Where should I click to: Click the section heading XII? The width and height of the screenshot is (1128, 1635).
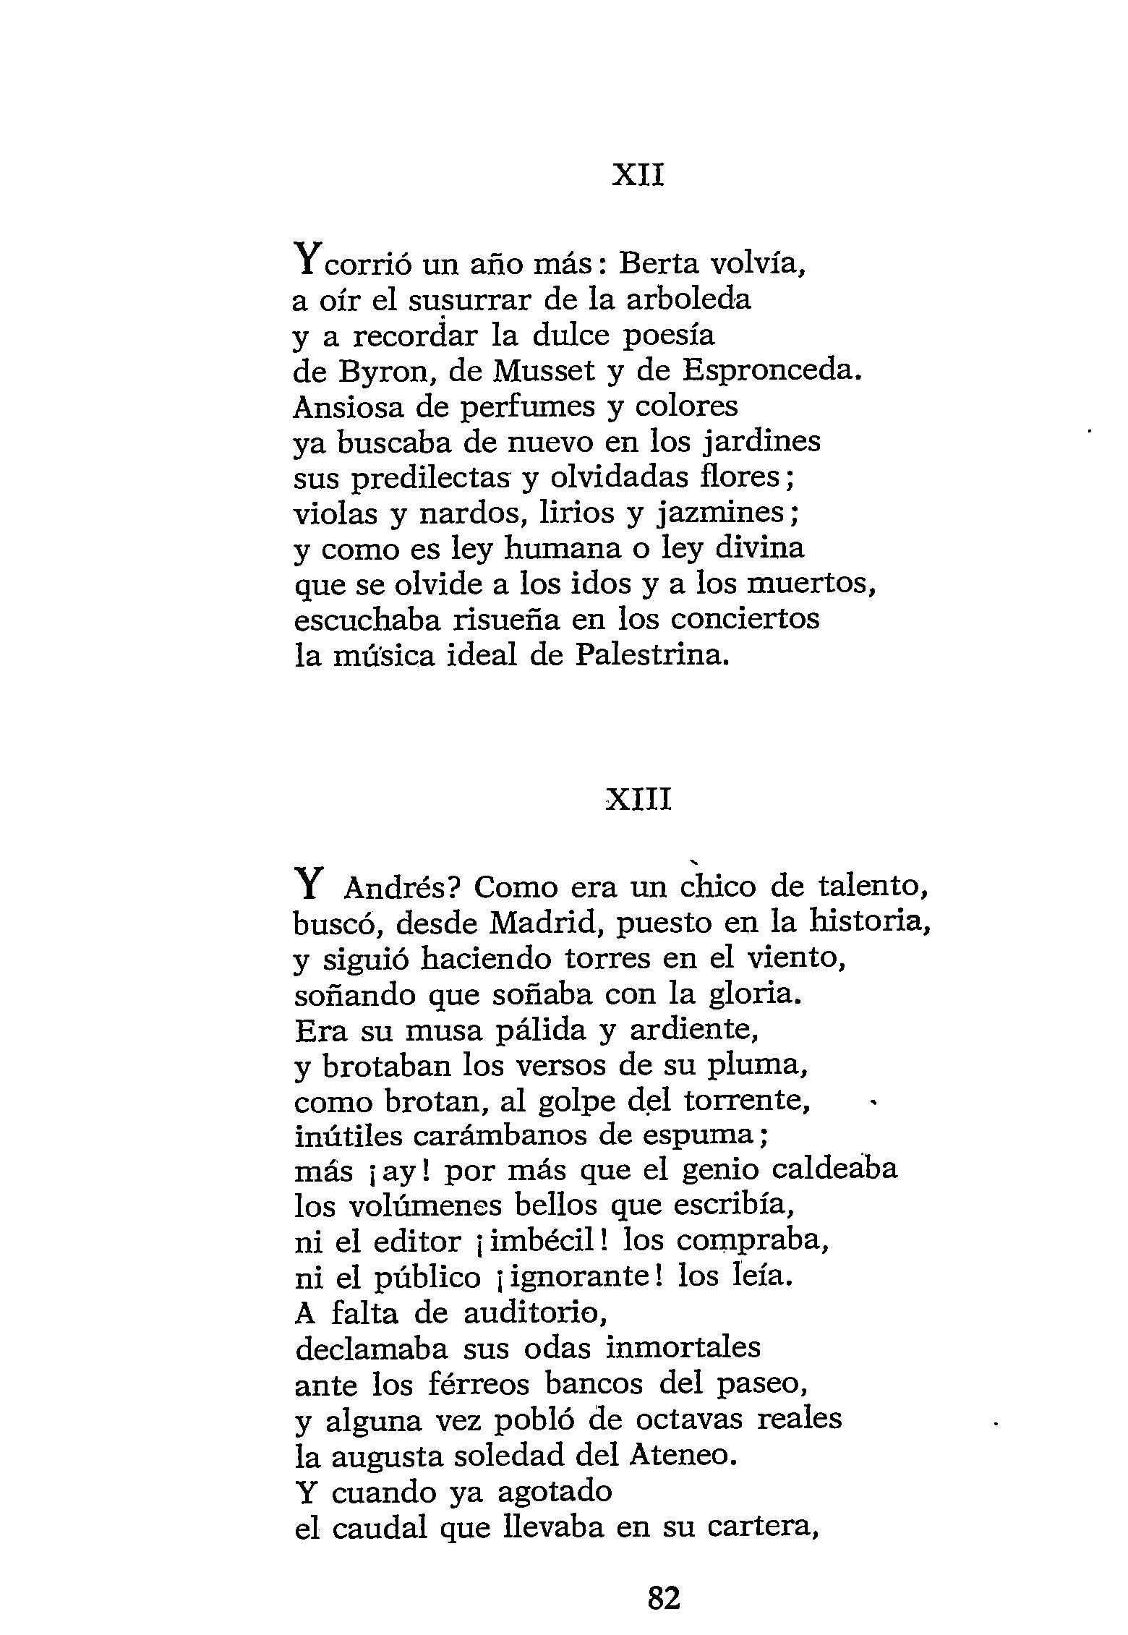[638, 176]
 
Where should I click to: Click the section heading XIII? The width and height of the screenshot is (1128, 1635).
[638, 801]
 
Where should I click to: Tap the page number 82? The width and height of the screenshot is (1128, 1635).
[665, 1597]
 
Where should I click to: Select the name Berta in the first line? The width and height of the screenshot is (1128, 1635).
[660, 265]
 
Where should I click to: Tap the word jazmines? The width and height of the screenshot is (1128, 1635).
[725, 514]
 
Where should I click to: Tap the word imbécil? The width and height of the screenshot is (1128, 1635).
[539, 1242]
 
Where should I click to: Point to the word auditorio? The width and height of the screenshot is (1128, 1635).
[532, 1313]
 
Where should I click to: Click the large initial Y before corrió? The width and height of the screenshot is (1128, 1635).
[306, 260]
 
